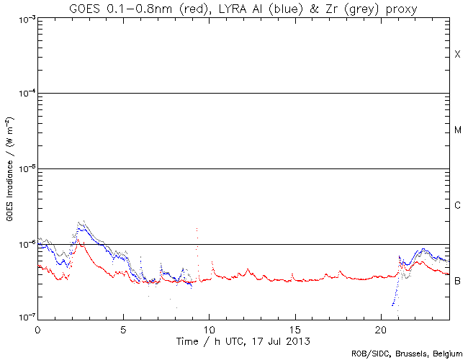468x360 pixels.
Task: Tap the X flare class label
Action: pos(457,55)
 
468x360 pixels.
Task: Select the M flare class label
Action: pos(458,130)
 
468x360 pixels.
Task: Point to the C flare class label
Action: pos(457,206)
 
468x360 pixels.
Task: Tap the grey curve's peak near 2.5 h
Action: pos(81,222)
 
